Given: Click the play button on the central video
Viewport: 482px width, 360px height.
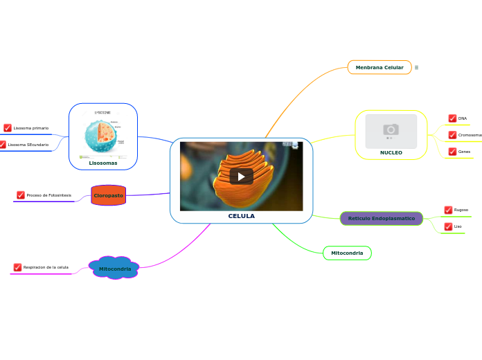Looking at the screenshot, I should coord(241,176).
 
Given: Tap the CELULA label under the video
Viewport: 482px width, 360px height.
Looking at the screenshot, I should coord(241,216).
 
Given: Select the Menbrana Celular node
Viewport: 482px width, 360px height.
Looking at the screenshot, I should coord(380,67).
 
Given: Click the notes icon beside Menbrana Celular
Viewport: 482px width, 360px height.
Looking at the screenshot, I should coord(416,67).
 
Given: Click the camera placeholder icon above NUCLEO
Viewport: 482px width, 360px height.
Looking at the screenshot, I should coord(391,129).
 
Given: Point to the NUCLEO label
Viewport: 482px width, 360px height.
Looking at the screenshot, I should coord(391,152).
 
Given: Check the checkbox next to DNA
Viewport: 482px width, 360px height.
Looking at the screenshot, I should coord(452,118).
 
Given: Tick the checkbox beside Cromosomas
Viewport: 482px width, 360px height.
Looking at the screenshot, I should coord(452,135).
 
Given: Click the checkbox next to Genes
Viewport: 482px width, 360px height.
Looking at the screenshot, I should coord(452,152).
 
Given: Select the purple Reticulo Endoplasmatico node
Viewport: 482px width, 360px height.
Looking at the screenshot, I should coord(381,219).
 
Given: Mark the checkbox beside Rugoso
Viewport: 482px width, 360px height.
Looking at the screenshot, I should coord(448,210).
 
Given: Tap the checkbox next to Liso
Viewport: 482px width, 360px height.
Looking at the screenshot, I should coord(448,226).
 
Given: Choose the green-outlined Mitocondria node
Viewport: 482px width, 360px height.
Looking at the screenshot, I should coord(347,253).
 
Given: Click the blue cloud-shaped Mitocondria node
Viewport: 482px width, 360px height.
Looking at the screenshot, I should coord(114,268).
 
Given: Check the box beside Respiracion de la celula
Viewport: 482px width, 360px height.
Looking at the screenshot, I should coord(17,267).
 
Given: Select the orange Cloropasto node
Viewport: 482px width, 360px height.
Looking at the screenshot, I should coord(108,195).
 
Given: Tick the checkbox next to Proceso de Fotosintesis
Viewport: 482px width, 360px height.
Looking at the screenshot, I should coord(21,195).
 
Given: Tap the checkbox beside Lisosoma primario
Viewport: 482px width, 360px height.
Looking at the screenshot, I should coord(8,128).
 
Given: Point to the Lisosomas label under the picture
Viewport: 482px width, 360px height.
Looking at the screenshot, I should coord(102,163).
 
